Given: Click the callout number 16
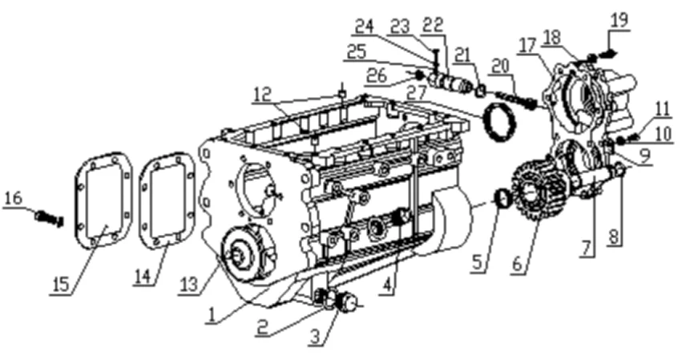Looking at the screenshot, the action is pos(13,198).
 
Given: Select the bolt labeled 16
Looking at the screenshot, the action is pos(49,218).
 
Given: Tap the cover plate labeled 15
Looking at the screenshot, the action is pos(103,200).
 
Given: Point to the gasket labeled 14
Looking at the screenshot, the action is pos(167,200).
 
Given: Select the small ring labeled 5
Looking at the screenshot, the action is pos(502,198).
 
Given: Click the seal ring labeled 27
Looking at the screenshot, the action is pos(501,121).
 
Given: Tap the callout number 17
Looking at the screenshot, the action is pos(527,45).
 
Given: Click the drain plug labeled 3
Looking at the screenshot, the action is pos(347,302).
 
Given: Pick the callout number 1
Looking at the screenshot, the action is pos(212,315).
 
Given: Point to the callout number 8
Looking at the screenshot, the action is pos(614,237).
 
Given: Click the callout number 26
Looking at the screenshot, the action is pos(377,75).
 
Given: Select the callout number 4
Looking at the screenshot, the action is pos(387,286).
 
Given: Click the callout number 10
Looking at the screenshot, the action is pos(664,134).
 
